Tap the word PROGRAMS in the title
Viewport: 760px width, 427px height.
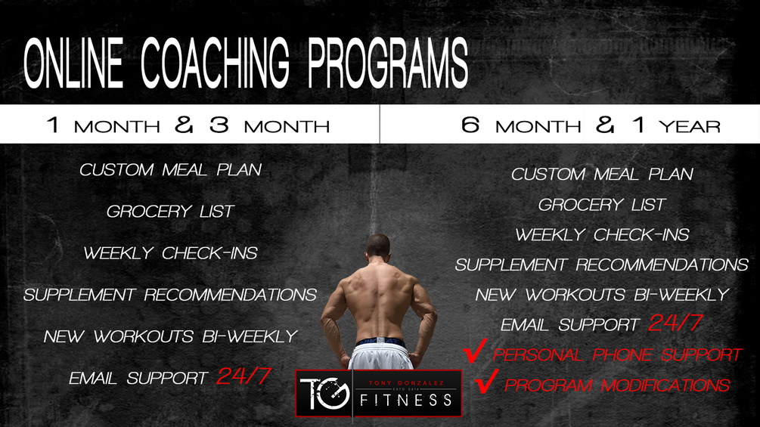tap(388, 62)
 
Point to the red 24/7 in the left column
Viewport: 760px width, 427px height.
tap(244, 376)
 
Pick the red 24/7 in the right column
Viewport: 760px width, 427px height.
tap(676, 324)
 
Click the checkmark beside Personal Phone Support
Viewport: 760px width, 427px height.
tap(474, 353)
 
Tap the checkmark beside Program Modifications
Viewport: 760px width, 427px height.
tap(484, 382)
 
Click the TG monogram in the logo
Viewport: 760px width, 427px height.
tap(324, 393)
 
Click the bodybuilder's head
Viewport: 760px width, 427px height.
tap(378, 247)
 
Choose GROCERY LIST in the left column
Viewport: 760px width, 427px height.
tap(171, 212)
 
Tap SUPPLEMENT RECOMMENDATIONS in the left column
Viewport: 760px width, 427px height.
tap(170, 295)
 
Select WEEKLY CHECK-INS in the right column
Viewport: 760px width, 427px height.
tap(603, 235)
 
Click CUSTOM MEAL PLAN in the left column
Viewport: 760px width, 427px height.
tap(171, 170)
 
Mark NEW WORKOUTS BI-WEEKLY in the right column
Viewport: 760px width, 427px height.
tap(603, 295)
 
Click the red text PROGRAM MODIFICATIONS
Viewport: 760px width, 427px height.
tap(617, 385)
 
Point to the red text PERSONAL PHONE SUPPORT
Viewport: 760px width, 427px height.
tap(617, 354)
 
